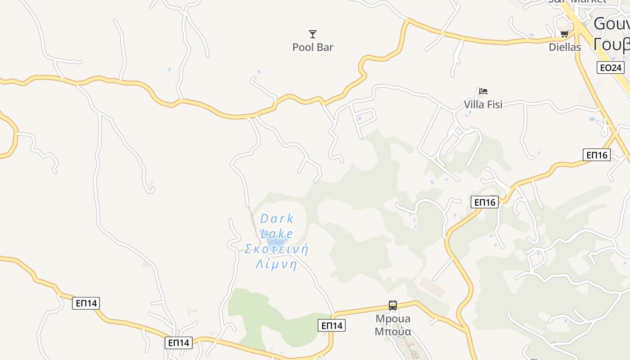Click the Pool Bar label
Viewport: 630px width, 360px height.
pyautogui.click(x=313, y=47)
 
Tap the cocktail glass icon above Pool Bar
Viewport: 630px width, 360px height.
pyautogui.click(x=313, y=34)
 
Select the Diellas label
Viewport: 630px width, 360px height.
pyautogui.click(x=565, y=47)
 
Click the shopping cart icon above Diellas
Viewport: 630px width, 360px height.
pyautogui.click(x=565, y=34)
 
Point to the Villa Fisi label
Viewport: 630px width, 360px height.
pyautogui.click(x=483, y=104)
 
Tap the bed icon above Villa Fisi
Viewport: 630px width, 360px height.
pyautogui.click(x=483, y=91)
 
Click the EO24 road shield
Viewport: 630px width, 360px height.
pyautogui.click(x=611, y=68)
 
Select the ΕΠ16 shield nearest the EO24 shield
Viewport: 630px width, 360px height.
pyautogui.click(x=597, y=155)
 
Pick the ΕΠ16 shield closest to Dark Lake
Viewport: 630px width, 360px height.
pyautogui.click(x=485, y=202)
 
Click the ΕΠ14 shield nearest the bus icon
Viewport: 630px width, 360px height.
pyautogui.click(x=332, y=325)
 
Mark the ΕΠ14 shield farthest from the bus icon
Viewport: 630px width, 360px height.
pyautogui.click(x=86, y=303)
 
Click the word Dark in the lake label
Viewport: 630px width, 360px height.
pyautogui.click(x=277, y=219)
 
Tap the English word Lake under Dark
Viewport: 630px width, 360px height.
pyautogui.click(x=277, y=234)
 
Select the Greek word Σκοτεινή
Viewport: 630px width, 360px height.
pyautogui.click(x=276, y=249)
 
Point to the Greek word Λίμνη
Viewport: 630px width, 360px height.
pyautogui.click(x=276, y=265)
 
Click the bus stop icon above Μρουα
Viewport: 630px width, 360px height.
pyautogui.click(x=393, y=306)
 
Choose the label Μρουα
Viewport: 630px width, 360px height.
pyautogui.click(x=393, y=319)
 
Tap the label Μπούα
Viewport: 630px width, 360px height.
pyautogui.click(x=393, y=332)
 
